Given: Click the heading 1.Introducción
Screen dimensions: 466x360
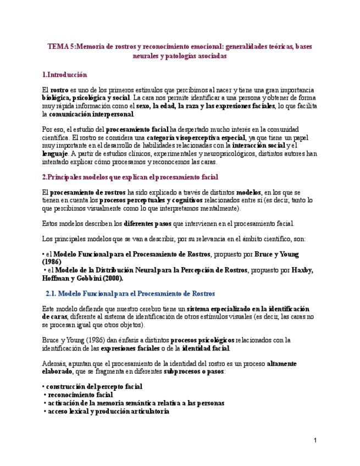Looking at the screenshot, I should (64, 74).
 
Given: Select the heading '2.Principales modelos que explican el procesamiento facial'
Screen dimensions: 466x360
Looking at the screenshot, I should (130, 177).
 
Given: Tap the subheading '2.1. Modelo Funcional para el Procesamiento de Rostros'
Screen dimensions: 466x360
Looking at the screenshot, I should (130, 293).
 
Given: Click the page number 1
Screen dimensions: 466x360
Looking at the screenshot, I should (315, 440).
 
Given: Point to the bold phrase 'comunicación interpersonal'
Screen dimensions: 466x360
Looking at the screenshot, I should (91, 114).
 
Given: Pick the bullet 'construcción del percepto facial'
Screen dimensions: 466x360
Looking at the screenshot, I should (94, 387).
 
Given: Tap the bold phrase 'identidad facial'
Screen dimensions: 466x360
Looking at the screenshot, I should (206, 348).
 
